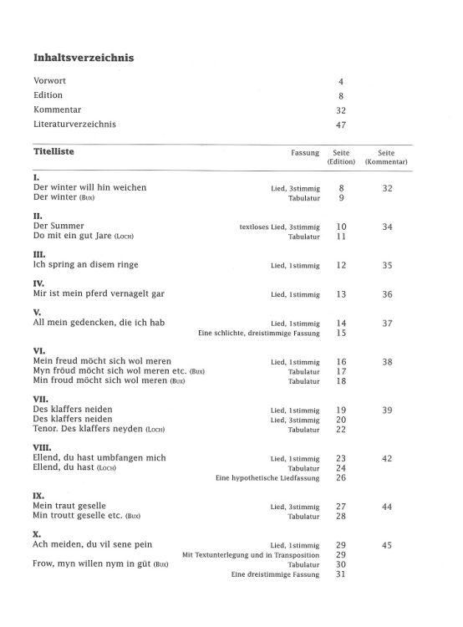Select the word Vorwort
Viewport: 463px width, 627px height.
pos(50,81)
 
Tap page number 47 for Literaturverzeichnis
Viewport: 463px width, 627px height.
pos(341,125)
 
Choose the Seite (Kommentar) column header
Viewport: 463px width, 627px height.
pos(385,157)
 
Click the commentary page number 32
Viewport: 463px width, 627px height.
pos(386,188)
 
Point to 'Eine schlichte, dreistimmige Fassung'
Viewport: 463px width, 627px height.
pos(259,333)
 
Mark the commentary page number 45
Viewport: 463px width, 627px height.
pos(386,544)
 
